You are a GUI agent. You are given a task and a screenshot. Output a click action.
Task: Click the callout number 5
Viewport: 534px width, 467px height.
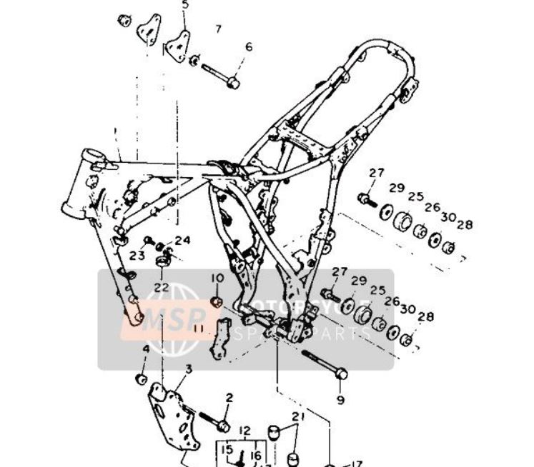point(185,6)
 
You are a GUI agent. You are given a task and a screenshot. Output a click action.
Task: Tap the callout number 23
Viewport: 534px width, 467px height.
point(137,255)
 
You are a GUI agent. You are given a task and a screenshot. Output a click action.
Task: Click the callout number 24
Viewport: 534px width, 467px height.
point(182,241)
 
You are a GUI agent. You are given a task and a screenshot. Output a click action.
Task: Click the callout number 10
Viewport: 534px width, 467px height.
point(217,277)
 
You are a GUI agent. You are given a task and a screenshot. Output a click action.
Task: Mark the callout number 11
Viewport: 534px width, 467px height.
point(198,329)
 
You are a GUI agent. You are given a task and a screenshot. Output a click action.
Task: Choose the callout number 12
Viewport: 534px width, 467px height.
point(244,431)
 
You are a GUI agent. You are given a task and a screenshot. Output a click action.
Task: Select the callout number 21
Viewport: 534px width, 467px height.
point(298,417)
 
